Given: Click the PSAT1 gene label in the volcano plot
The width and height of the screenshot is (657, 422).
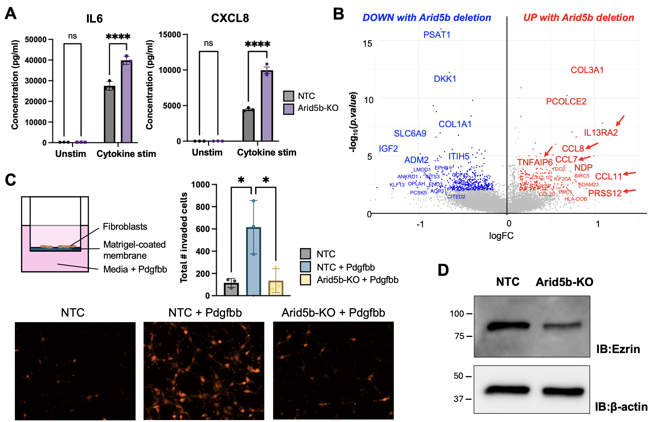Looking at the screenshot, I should click(x=437, y=35).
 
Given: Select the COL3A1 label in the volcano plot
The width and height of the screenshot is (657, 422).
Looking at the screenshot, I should click(x=587, y=70).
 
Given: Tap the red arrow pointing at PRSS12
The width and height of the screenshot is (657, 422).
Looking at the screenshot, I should click(x=629, y=191).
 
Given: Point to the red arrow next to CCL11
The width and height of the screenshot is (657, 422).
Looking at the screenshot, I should click(x=629, y=173).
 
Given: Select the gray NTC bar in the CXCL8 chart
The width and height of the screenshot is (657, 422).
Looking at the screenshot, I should click(x=248, y=125).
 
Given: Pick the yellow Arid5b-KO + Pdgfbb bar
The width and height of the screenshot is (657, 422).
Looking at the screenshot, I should click(x=276, y=288).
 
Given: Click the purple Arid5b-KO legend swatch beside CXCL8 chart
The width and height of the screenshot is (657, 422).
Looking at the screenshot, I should click(x=289, y=109).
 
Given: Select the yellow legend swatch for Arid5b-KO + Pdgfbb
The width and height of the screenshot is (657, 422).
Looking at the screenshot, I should click(x=305, y=280).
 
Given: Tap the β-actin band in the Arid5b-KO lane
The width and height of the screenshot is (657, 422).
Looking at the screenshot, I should click(x=563, y=391).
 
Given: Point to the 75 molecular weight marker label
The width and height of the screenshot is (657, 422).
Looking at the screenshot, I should click(x=459, y=336).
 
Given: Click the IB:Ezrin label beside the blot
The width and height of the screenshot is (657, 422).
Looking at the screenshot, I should click(x=618, y=349).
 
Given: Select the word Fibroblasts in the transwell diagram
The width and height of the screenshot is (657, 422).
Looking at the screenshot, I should click(x=125, y=226).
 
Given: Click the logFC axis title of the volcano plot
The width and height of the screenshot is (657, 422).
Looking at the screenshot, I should click(x=501, y=236).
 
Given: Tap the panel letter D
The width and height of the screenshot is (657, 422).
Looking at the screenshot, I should click(x=443, y=270).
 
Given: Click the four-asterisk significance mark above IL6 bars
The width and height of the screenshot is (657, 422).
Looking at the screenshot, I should click(x=118, y=36).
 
